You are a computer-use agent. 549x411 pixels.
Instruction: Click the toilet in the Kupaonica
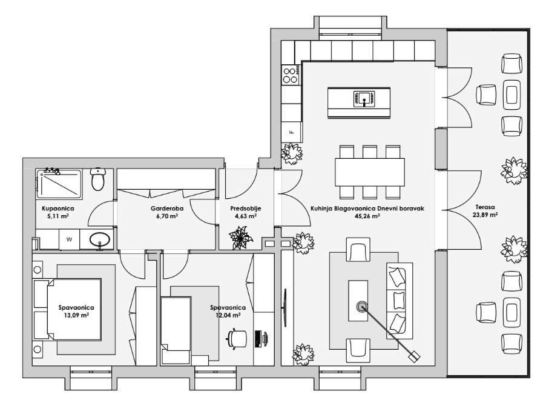point(97,178)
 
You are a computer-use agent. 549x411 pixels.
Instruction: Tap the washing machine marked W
point(70,239)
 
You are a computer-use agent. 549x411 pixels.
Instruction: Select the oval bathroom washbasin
point(100,240)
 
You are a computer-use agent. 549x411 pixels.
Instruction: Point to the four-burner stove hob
point(291,75)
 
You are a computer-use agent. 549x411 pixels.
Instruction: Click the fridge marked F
point(291,132)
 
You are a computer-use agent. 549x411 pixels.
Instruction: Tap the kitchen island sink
point(364,99)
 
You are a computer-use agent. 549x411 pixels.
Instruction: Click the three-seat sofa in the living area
point(399,301)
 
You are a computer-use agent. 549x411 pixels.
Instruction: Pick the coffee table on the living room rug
point(358,301)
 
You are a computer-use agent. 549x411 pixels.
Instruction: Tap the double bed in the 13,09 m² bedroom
point(67,309)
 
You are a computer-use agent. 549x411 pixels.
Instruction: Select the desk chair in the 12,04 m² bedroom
point(237,339)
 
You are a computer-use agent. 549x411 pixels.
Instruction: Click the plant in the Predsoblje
point(241,238)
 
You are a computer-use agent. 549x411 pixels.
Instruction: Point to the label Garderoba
point(167,209)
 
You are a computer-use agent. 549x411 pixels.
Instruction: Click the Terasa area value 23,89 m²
point(485,215)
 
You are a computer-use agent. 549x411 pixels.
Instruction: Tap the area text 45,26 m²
point(367,216)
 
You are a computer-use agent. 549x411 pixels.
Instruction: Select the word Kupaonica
point(58,209)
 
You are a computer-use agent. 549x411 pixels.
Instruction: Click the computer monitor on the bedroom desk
point(258,338)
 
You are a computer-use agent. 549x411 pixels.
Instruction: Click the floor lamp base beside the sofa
point(414,356)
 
